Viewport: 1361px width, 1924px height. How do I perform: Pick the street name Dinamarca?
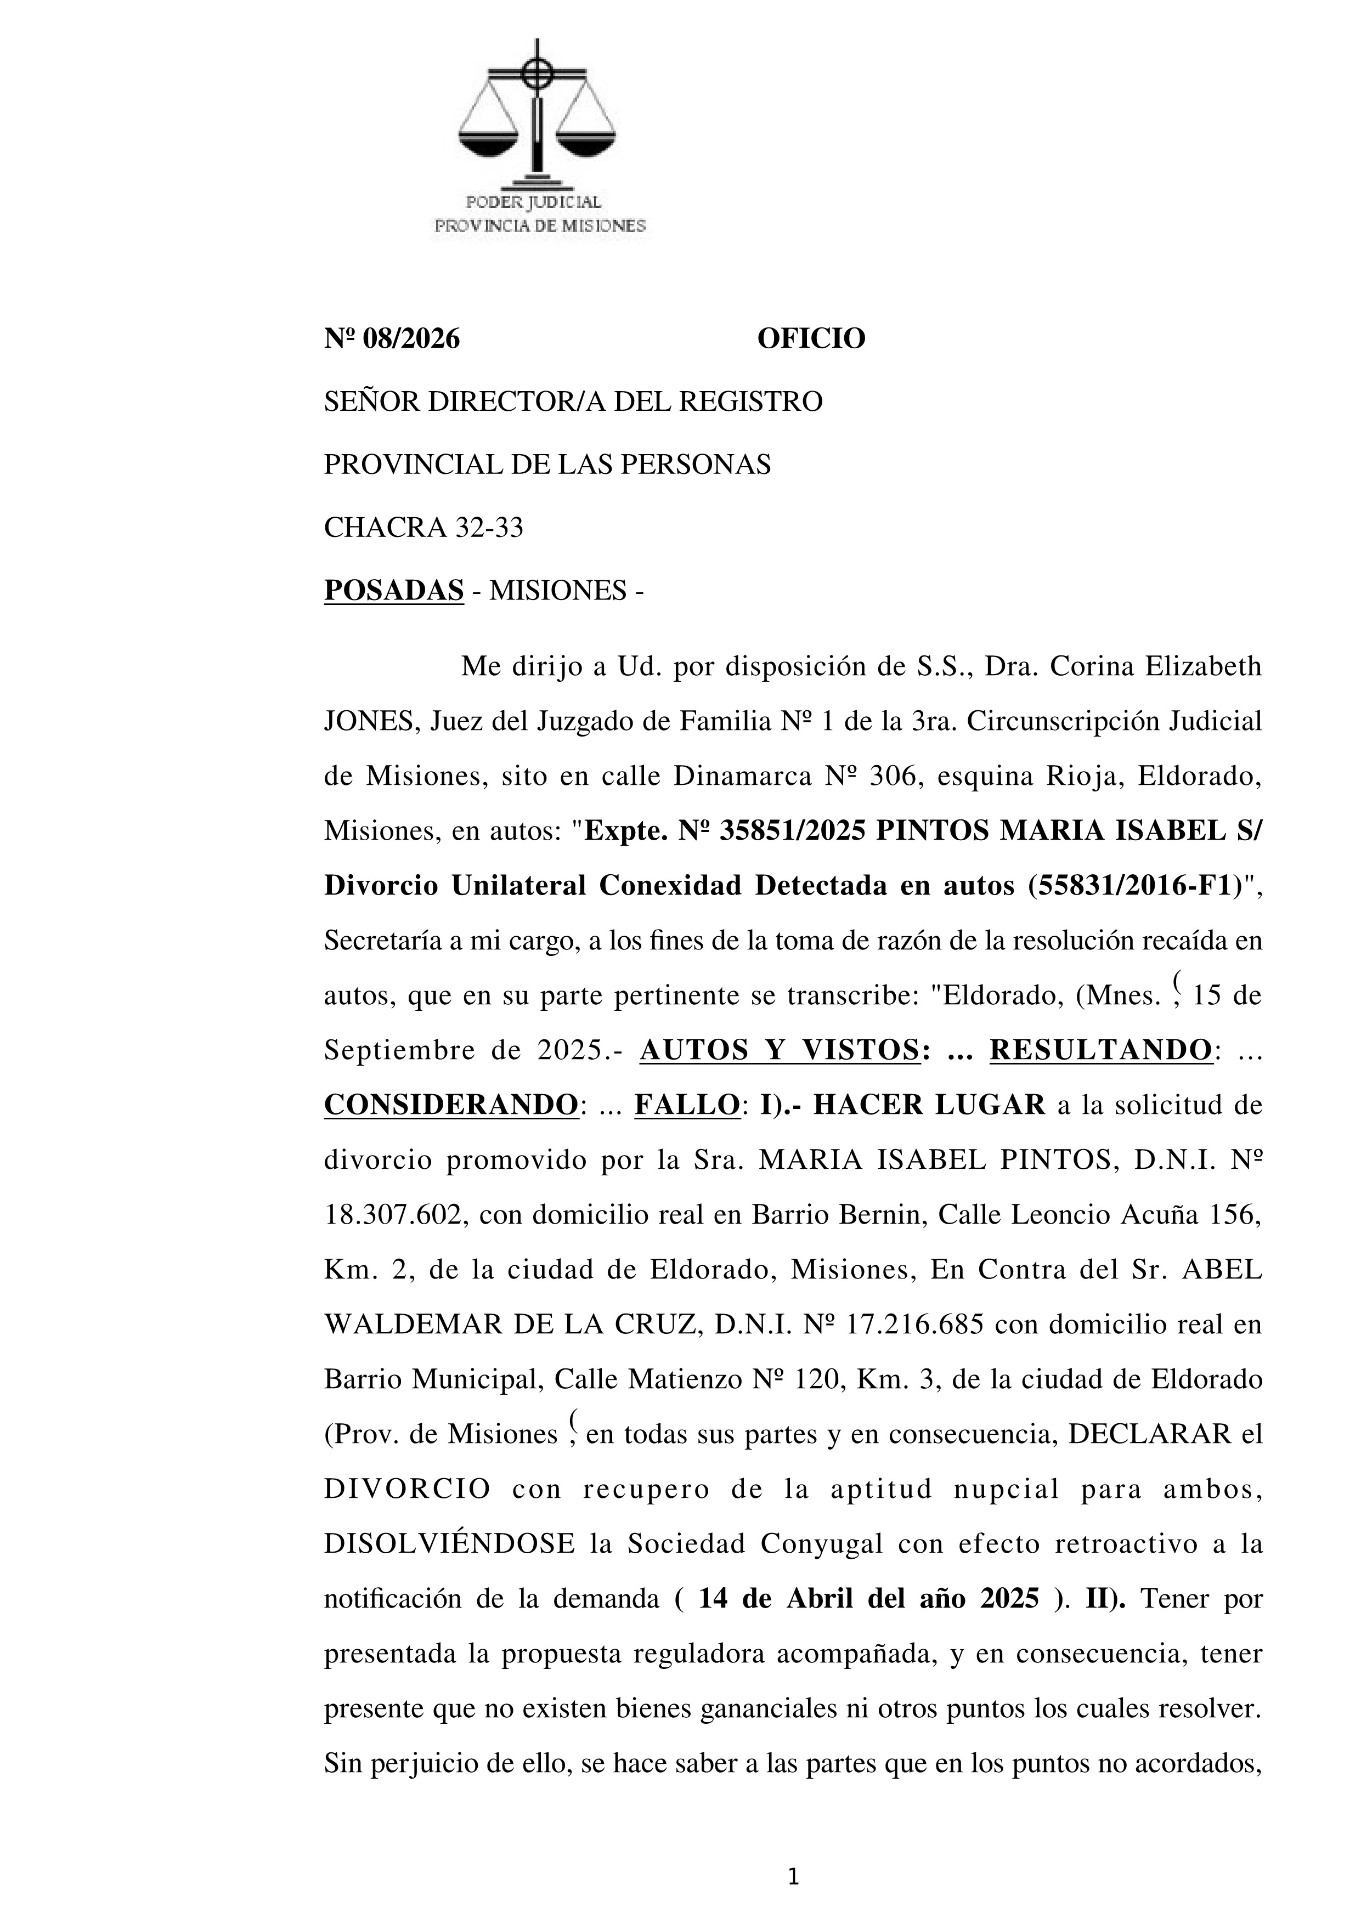tap(743, 777)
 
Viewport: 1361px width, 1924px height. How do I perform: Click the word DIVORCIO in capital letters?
tap(407, 1489)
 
